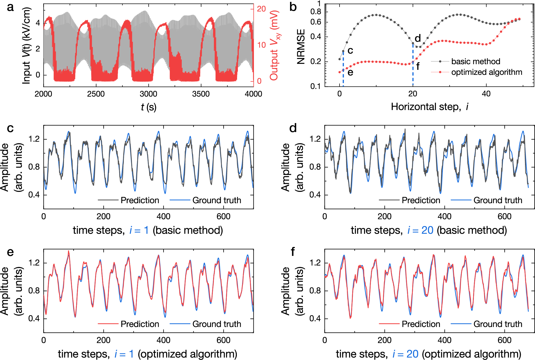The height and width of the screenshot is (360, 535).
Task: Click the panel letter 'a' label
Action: [10, 7]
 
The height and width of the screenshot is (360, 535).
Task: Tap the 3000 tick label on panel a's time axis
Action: [148, 94]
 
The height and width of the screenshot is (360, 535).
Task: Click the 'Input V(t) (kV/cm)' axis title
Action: [27, 45]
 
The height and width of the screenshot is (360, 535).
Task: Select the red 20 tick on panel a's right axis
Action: [261, 9]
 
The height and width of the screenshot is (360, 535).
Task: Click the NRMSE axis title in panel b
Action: [301, 46]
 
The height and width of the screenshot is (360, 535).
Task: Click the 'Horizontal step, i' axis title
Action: [429, 107]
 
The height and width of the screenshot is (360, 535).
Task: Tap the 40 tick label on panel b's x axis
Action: [486, 94]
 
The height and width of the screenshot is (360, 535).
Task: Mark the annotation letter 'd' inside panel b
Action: [418, 38]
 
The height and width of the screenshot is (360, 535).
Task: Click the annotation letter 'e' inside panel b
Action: [350, 72]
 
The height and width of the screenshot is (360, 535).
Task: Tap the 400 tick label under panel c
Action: [163, 217]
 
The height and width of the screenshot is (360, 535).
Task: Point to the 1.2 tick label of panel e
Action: [34, 263]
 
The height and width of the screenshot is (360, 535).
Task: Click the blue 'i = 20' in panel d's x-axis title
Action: [420, 230]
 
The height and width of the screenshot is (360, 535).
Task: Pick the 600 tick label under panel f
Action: [504, 340]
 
